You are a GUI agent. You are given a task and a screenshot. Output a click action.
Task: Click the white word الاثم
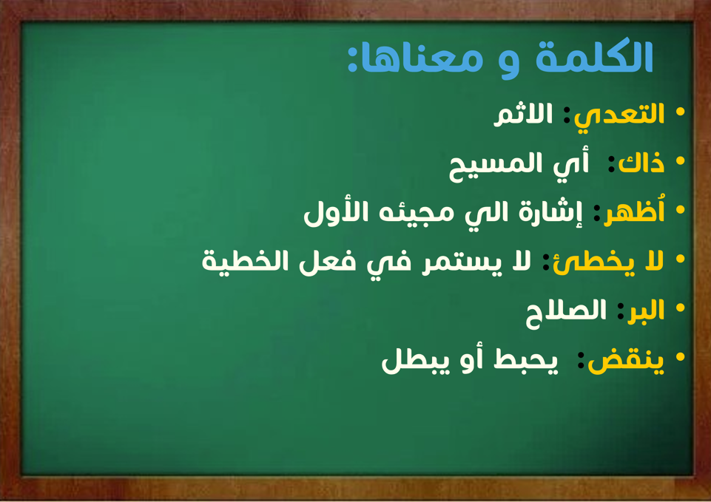click(x=523, y=114)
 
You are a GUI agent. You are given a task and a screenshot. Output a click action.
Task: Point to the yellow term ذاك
click(x=641, y=163)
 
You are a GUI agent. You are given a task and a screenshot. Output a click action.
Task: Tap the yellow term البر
click(x=646, y=311)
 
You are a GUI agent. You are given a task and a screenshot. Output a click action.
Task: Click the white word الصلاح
click(x=566, y=313)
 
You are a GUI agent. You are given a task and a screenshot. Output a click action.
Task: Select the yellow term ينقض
click(x=626, y=362)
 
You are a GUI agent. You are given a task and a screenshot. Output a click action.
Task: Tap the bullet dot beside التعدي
click(x=680, y=112)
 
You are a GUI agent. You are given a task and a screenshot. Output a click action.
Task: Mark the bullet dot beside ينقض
click(x=680, y=356)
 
